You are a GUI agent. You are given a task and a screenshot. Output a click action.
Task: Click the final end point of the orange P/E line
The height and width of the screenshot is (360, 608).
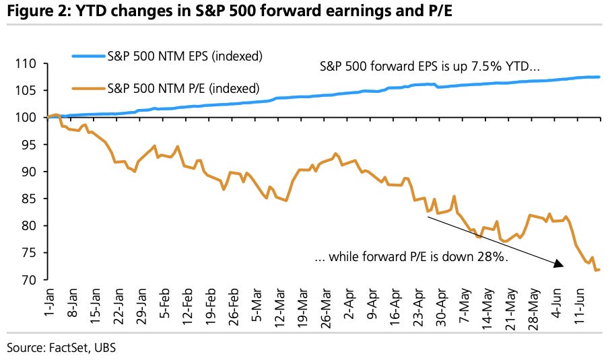coord(599,270)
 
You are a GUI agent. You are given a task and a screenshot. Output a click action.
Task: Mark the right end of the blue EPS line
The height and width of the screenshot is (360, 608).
coord(599,77)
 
